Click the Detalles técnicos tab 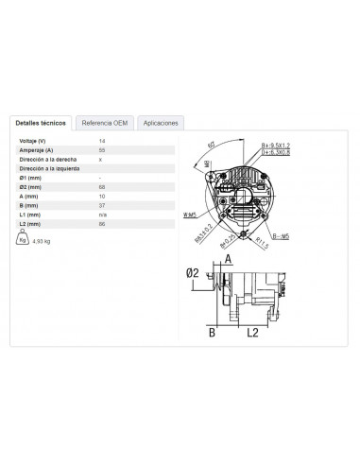[x=40, y=123]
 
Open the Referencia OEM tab [x=103, y=123]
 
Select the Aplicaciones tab [x=160, y=123]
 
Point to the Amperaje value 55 [x=102, y=149]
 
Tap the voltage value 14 [x=102, y=140]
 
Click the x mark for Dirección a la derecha [x=101, y=159]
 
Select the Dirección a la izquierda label [x=48, y=168]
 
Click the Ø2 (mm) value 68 [x=102, y=187]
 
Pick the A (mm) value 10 [x=102, y=197]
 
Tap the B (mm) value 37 [x=102, y=206]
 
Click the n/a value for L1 [x=103, y=215]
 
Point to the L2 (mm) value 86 [x=102, y=225]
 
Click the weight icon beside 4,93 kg [x=23, y=240]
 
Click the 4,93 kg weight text [x=42, y=243]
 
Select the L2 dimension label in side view [x=251, y=333]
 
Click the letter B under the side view [x=214, y=333]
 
